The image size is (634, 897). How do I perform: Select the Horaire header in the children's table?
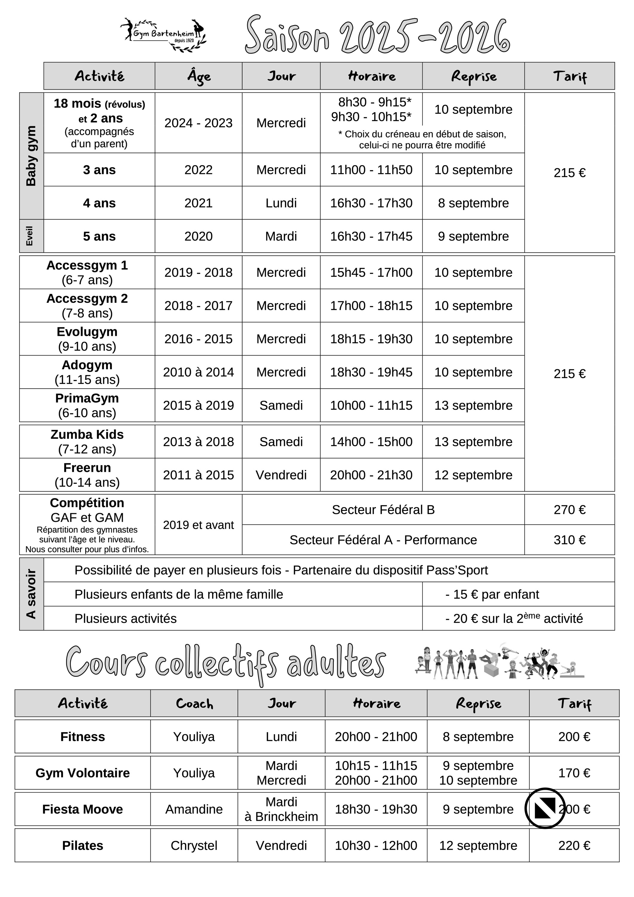[371, 76]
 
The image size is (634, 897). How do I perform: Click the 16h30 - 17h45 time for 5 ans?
[371, 236]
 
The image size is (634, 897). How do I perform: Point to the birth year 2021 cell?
[198, 203]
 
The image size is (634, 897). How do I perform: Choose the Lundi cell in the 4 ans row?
[281, 203]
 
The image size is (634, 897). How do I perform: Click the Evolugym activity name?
[87, 332]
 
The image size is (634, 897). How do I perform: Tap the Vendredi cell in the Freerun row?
[281, 475]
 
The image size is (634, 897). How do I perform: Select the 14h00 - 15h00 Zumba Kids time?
[371, 442]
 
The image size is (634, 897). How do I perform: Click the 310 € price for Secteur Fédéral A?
[569, 540]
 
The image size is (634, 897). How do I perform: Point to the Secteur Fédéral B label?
[383, 510]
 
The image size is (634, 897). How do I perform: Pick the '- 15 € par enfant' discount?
[492, 595]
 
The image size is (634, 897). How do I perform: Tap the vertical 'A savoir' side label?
[31, 594]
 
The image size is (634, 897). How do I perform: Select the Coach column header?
[194, 704]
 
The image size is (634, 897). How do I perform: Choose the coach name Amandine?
[194, 809]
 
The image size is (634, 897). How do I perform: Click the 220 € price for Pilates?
[574, 845]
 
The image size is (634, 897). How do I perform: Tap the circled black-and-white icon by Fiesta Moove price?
[545, 808]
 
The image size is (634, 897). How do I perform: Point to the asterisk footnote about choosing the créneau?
[422, 140]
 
